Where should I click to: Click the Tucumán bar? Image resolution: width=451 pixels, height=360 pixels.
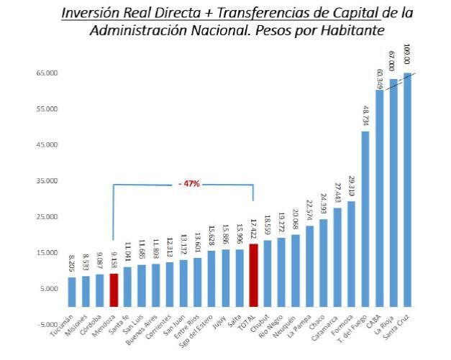72,291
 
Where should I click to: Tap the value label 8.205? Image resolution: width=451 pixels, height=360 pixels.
72,264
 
